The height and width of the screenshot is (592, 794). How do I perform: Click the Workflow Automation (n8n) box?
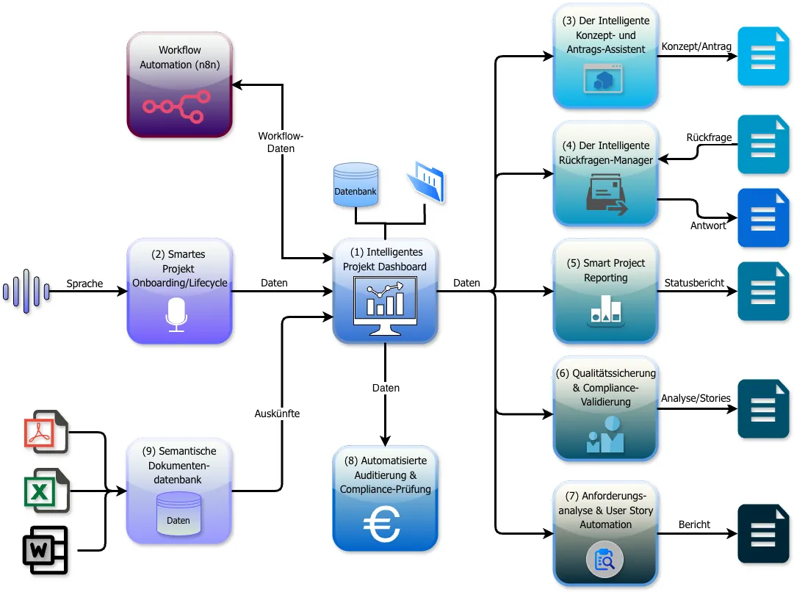point(180,84)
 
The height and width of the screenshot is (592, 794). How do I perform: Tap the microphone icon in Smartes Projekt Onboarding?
point(176,314)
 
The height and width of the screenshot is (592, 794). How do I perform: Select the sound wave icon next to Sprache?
point(26,292)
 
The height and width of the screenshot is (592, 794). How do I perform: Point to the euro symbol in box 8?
point(385,525)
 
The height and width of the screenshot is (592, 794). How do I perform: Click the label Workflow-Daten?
point(281,142)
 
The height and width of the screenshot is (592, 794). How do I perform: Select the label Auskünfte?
point(277,414)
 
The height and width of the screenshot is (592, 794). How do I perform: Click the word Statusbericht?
point(694,283)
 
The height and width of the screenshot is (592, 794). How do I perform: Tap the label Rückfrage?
point(709,137)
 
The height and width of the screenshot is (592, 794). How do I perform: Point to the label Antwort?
point(708,225)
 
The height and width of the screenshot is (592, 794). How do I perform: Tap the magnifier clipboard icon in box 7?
point(604,561)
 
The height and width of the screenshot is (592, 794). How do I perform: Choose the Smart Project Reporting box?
point(606,291)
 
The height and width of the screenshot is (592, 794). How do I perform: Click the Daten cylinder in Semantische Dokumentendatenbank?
point(178,513)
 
